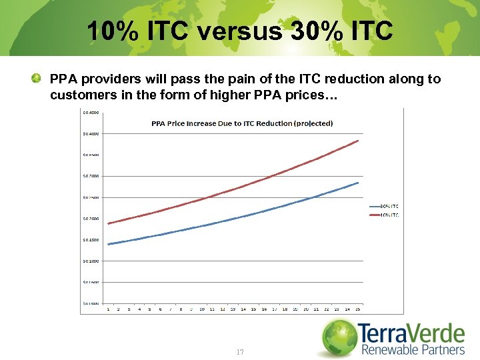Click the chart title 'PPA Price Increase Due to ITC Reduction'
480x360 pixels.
pos(233,123)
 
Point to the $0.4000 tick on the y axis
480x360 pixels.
pos(91,133)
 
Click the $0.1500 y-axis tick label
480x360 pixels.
pos(91,240)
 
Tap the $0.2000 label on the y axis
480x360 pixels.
pos(91,219)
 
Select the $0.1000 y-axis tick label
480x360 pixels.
pos(91,261)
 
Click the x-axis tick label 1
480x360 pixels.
pos(109,309)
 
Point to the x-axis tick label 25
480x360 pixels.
pos(358,309)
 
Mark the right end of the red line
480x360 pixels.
pos(359,141)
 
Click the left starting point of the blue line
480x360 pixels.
pos(109,244)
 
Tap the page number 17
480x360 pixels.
pos(239,351)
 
